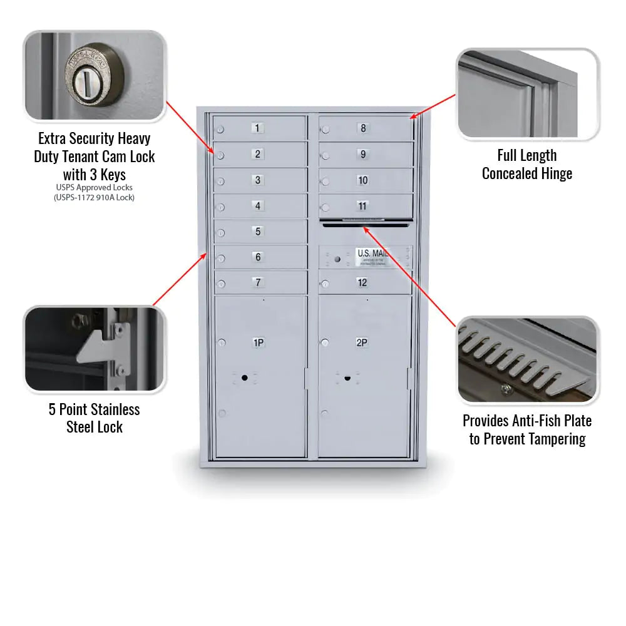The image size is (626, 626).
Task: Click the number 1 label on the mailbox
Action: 258,128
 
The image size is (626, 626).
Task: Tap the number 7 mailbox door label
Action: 258,282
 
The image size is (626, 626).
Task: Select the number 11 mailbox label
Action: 362,206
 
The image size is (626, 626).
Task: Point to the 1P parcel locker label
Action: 258,342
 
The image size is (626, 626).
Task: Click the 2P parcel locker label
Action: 362,342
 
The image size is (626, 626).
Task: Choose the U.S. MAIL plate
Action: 372,256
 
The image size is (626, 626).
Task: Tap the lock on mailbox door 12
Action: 325,285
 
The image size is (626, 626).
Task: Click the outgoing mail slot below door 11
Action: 365,224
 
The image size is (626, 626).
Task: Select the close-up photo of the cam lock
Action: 95,75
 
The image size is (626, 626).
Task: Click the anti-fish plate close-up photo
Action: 527,360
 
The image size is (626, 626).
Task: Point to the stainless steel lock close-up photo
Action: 95,349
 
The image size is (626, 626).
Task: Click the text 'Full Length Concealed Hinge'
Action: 527,165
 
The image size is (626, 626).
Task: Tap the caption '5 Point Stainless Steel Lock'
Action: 95,418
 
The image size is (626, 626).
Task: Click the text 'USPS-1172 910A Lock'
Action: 95,197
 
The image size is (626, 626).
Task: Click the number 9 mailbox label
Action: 362,155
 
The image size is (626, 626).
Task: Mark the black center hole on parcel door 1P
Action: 244,377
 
